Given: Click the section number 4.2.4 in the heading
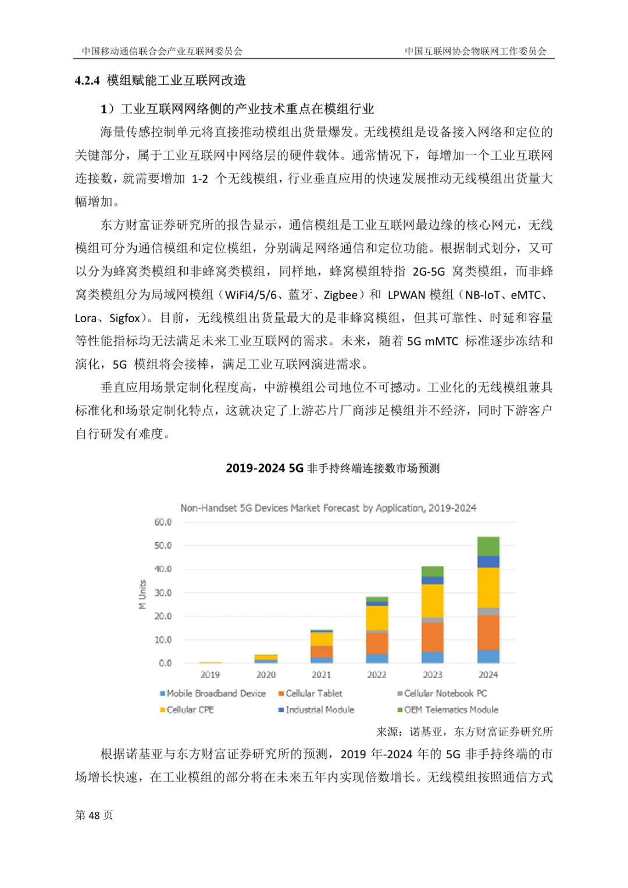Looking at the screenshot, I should [x=87, y=80].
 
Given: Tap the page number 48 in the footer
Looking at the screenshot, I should [x=94, y=815].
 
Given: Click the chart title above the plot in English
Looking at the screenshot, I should [x=328, y=508].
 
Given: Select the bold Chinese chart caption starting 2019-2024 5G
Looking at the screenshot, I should [x=332, y=468].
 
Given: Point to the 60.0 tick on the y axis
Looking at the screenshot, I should [x=163, y=522].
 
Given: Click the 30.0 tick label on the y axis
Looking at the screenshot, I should [x=163, y=593].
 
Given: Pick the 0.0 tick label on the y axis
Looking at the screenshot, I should [x=165, y=663].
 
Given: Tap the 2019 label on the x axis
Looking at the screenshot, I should [x=210, y=675].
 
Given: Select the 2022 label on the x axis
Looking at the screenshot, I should [x=377, y=675].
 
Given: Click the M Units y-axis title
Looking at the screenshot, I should [x=142, y=594].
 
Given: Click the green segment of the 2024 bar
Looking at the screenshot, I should [x=488, y=547].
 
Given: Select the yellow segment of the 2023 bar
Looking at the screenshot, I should [x=432, y=601].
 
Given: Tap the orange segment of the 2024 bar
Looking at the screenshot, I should [x=488, y=633].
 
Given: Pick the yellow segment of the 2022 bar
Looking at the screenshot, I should [x=377, y=618].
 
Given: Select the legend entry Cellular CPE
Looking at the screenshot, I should [x=190, y=709].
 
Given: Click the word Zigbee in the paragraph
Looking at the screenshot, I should [x=340, y=295].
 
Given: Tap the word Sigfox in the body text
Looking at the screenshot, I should [x=125, y=318].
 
